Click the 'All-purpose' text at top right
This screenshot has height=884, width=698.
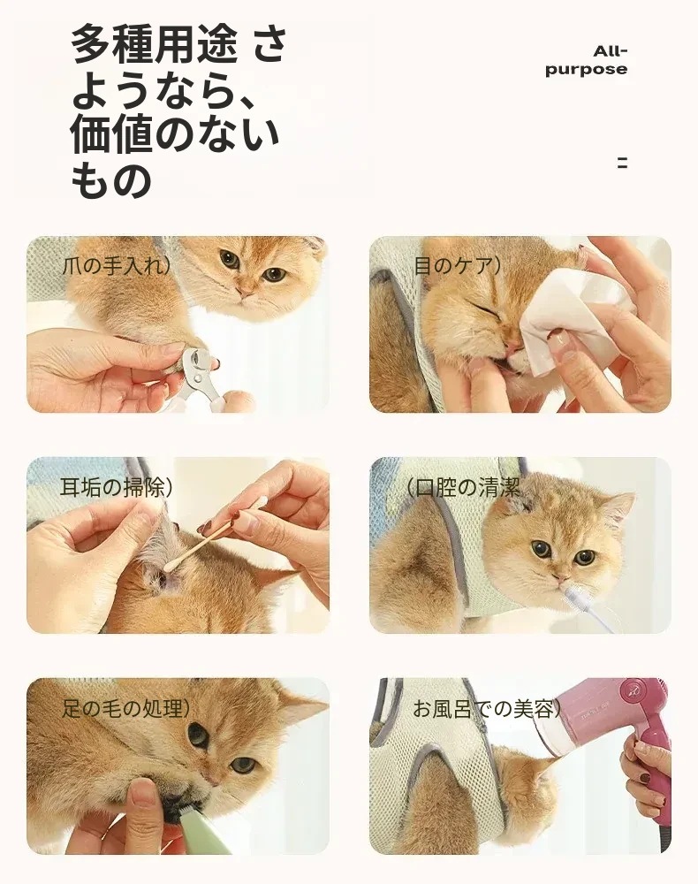click(x=586, y=60)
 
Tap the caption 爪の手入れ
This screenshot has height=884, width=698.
click(x=116, y=265)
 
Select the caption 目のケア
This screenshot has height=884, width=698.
click(x=457, y=265)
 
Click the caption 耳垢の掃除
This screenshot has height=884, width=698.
click(x=116, y=487)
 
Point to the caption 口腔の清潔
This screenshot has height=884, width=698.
click(x=463, y=487)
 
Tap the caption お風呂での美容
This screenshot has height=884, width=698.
click(x=487, y=708)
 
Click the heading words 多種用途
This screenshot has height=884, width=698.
click(x=154, y=44)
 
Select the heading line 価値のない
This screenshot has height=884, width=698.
click(x=175, y=134)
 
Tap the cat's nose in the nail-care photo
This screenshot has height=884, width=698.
click(x=246, y=292)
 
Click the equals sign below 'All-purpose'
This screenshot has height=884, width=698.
click(x=622, y=164)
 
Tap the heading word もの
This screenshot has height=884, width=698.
click(x=111, y=180)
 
